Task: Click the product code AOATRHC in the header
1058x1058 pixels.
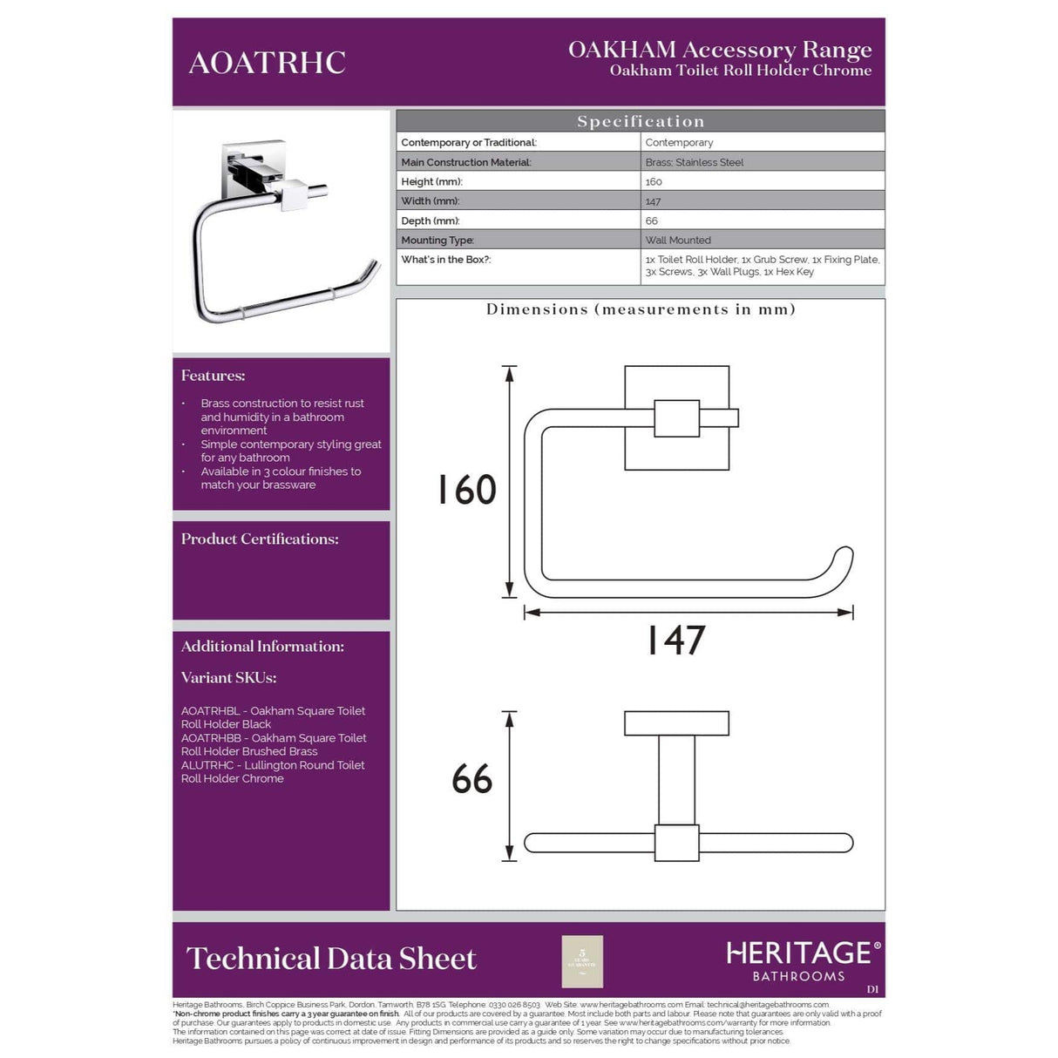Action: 267,63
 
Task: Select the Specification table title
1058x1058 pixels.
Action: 640,121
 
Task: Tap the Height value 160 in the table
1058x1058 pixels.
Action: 654,182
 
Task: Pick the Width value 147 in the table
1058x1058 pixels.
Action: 653,201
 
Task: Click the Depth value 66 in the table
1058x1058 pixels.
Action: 651,221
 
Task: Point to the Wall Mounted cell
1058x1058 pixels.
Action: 678,241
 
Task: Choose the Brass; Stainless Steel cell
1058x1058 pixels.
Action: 694,162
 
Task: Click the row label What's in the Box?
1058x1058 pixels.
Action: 445,260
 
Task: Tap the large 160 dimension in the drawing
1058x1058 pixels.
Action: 466,490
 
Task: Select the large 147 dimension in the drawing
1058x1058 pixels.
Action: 675,641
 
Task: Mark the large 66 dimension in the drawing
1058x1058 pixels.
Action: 471,779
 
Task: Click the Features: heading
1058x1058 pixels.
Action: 213,376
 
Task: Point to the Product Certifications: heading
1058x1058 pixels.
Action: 260,539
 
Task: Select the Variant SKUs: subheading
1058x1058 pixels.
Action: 228,677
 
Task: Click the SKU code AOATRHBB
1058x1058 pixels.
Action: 210,738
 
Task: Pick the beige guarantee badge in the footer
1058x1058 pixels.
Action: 582,962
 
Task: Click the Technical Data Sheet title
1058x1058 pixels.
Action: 331,959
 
